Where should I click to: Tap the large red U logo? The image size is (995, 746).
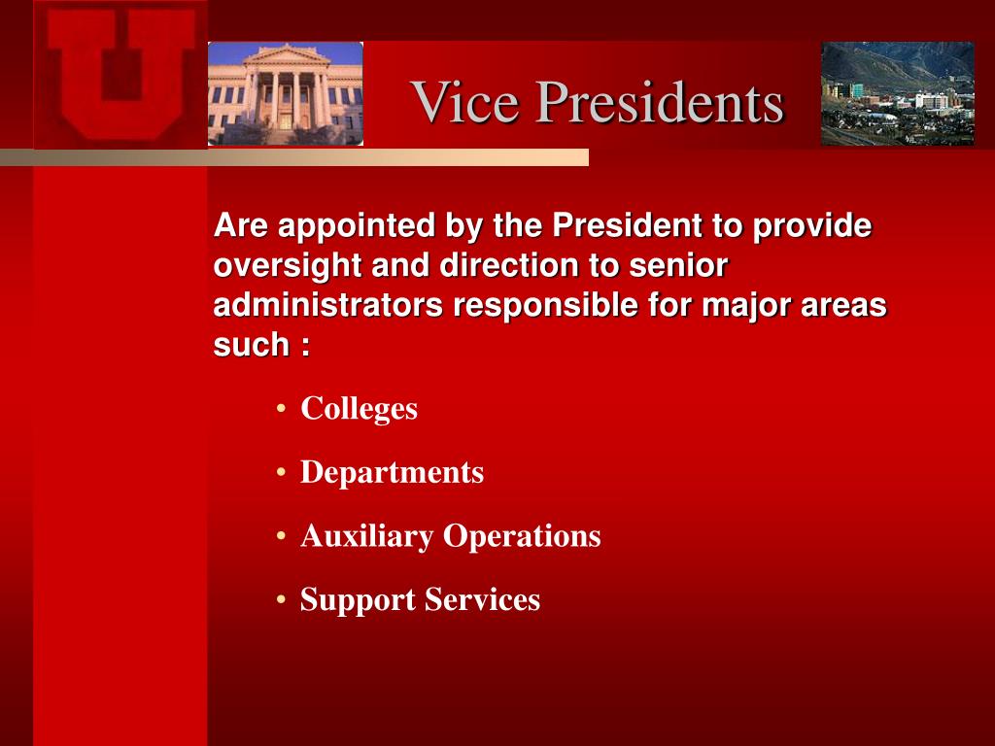[x=120, y=74]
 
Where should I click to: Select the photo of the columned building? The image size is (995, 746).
[x=286, y=94]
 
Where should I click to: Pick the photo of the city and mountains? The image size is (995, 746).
[x=897, y=94]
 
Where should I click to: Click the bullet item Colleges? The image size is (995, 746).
[x=360, y=409]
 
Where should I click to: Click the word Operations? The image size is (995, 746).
[x=522, y=536]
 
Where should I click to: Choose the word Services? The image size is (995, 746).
[x=482, y=599]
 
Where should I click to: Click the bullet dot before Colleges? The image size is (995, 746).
[x=282, y=409]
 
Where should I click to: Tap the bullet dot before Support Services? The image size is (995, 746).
[x=282, y=599]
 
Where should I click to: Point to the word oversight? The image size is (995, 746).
[x=288, y=266]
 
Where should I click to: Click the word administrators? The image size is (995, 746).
[x=328, y=305]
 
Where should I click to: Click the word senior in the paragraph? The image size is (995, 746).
[x=678, y=266]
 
